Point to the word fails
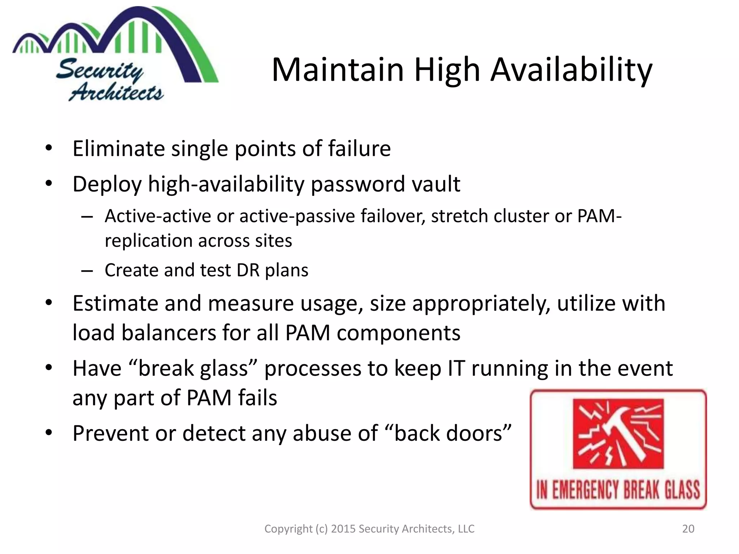[257, 398]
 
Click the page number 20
[688, 529]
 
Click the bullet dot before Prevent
[49, 432]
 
